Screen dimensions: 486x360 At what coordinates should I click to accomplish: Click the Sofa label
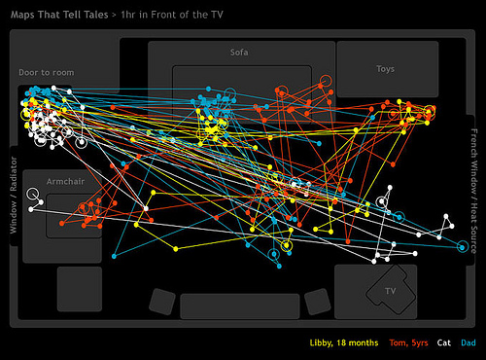tap(239, 53)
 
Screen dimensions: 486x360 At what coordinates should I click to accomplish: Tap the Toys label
tap(385, 69)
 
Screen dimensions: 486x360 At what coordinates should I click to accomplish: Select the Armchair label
tap(65, 181)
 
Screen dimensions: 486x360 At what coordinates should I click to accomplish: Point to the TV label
tap(391, 291)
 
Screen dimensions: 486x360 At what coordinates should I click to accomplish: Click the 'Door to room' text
tap(47, 72)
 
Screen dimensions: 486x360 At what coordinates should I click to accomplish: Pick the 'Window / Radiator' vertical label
tap(14, 195)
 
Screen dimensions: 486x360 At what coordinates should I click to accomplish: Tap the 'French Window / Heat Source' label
tap(473, 191)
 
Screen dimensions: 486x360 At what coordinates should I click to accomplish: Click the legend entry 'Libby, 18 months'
tap(344, 342)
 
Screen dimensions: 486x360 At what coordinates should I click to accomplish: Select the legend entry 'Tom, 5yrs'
tap(408, 342)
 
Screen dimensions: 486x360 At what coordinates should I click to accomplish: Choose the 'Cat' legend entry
tap(444, 342)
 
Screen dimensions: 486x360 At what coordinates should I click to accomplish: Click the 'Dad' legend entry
tap(469, 342)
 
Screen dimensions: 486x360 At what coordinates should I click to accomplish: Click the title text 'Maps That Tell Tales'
tap(59, 15)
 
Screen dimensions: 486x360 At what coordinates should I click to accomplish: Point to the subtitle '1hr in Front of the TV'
tap(172, 15)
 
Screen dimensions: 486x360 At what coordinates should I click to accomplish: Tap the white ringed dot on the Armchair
tap(32, 194)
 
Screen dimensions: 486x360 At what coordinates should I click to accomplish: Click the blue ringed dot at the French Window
tap(463, 247)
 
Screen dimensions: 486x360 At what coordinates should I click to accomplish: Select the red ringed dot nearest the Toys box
tap(326, 81)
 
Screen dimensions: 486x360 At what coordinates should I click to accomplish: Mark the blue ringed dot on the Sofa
tap(229, 93)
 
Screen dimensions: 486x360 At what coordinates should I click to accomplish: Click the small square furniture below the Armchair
tap(80, 289)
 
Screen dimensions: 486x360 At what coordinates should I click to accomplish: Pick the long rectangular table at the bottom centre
tap(240, 306)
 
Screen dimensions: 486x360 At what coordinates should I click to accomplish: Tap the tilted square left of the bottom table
tap(162, 302)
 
